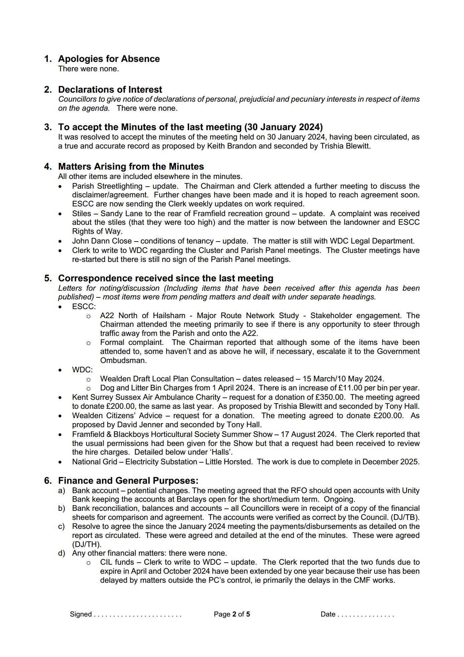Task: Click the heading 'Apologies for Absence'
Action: pos(109,59)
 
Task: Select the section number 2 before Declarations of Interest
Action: pos(48,90)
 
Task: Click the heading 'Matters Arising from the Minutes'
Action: pos(131,167)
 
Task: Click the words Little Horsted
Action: pos(228,462)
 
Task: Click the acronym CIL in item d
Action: pos(106,562)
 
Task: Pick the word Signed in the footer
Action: pos(81,614)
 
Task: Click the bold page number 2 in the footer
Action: pos(234,614)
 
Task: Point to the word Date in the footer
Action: pos(328,614)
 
